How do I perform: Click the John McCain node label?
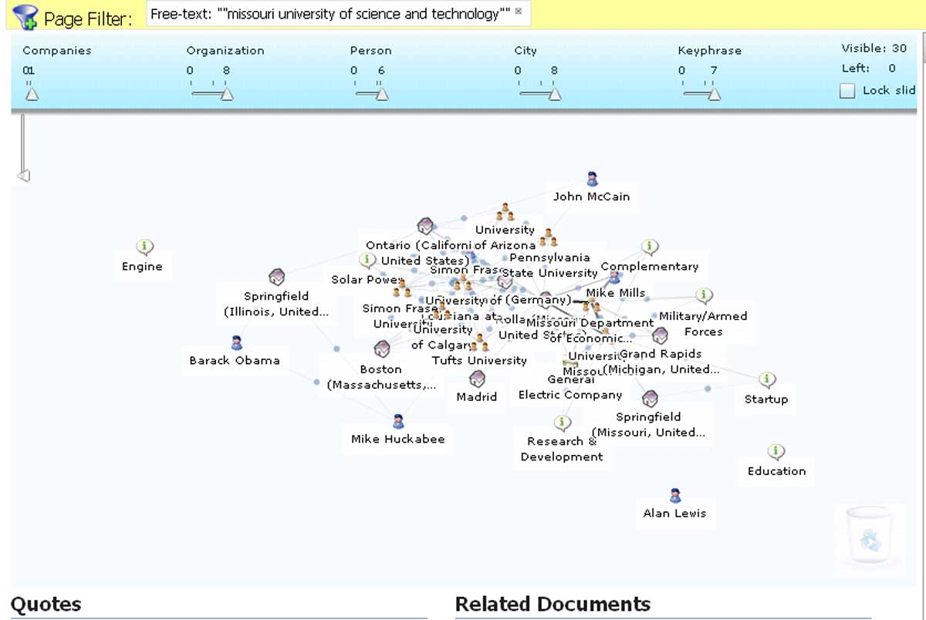click(x=591, y=197)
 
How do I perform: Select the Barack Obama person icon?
click(x=237, y=342)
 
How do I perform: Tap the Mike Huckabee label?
click(x=397, y=439)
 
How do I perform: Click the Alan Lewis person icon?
click(x=675, y=496)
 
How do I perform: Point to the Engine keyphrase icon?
click(x=144, y=248)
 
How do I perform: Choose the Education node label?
click(x=776, y=471)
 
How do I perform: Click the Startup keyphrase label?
click(x=766, y=399)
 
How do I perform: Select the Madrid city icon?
click(x=477, y=379)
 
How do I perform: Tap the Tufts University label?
click(x=479, y=360)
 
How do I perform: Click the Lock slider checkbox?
click(x=847, y=91)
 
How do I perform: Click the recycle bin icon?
click(x=870, y=540)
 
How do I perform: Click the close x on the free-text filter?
click(x=519, y=12)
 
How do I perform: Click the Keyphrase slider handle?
click(x=714, y=94)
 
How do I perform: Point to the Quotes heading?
click(x=46, y=604)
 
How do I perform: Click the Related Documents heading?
click(x=553, y=604)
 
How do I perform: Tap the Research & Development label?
click(x=562, y=449)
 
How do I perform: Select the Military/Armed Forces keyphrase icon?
click(x=704, y=296)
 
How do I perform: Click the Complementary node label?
click(x=650, y=267)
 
